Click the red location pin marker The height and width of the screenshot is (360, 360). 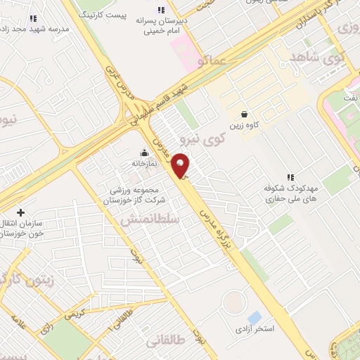[181, 165]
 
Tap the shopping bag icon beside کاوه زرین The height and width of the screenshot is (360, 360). [244, 114]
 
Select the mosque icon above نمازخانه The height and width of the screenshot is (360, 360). [145, 153]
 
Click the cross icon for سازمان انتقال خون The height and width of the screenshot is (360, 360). [20, 212]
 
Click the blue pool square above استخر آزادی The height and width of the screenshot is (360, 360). [254, 317]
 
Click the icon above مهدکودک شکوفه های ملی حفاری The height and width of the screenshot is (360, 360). [290, 177]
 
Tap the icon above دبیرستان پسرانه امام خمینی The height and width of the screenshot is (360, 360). [160, 10]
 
